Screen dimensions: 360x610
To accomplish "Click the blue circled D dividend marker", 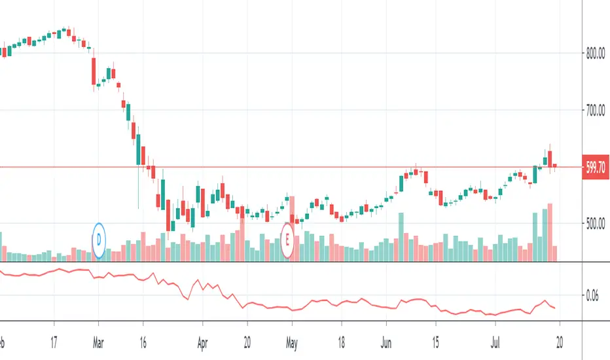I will [x=99, y=240].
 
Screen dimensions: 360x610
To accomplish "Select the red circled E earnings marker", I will [x=287, y=240].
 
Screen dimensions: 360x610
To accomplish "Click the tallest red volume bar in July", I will [x=550, y=232].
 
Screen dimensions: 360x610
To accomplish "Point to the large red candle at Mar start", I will [x=94, y=71].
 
